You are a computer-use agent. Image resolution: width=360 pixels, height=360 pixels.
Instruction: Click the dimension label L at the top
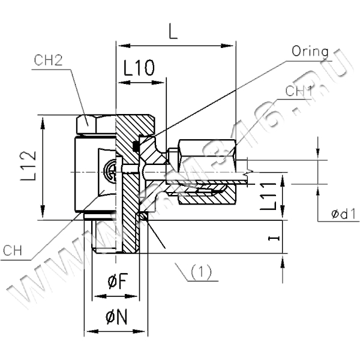173,33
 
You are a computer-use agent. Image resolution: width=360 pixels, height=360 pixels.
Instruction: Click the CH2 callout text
49,59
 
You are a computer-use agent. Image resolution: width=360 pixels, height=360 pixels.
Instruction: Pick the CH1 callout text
298,91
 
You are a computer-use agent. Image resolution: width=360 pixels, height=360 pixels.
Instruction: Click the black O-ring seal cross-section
137,145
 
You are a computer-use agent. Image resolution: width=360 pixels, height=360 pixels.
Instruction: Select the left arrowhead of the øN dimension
88,331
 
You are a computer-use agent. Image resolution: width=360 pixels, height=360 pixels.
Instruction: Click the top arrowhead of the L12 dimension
43,120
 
